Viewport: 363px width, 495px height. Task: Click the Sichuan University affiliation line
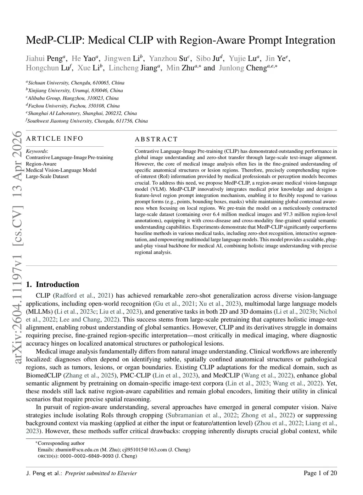coord(76,83)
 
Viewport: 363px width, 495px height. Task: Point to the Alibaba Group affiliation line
coord(73,98)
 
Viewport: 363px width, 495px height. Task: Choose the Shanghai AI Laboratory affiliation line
coord(82,113)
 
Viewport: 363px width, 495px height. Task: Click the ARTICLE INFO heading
coord(55,139)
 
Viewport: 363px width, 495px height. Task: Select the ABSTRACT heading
coord(156,139)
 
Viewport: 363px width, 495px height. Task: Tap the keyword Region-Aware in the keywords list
coord(41,164)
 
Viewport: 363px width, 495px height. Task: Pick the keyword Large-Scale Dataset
coord(47,176)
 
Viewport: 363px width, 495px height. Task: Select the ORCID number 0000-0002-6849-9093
coord(87,456)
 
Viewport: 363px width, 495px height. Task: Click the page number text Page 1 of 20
coord(320,473)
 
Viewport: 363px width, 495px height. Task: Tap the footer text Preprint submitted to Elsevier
coord(101,473)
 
